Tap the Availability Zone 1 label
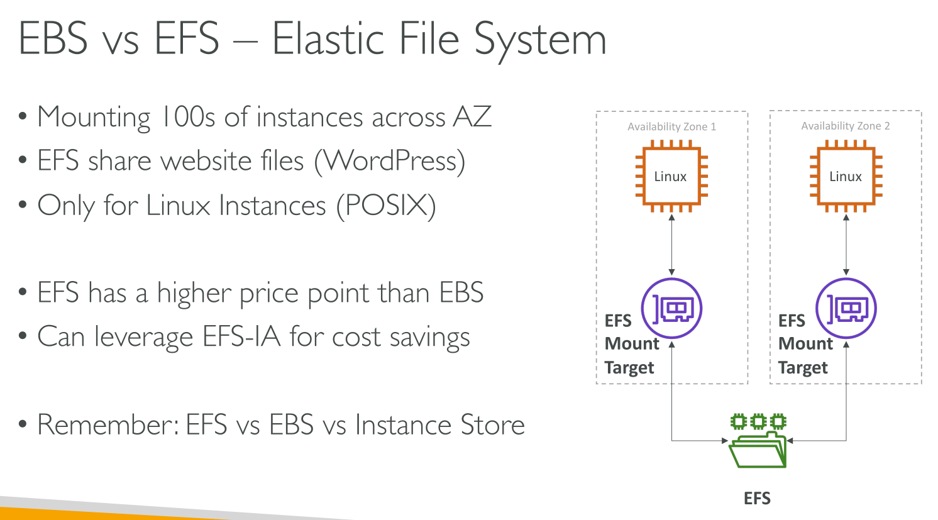pos(671,126)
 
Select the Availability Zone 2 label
pos(846,126)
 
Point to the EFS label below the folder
pos(757,498)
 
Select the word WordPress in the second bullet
pos(389,161)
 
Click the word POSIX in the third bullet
pos(385,205)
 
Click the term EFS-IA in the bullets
pos(241,336)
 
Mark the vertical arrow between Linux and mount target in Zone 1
pos(671,245)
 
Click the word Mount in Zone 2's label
pos(806,344)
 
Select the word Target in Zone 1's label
pos(629,368)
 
